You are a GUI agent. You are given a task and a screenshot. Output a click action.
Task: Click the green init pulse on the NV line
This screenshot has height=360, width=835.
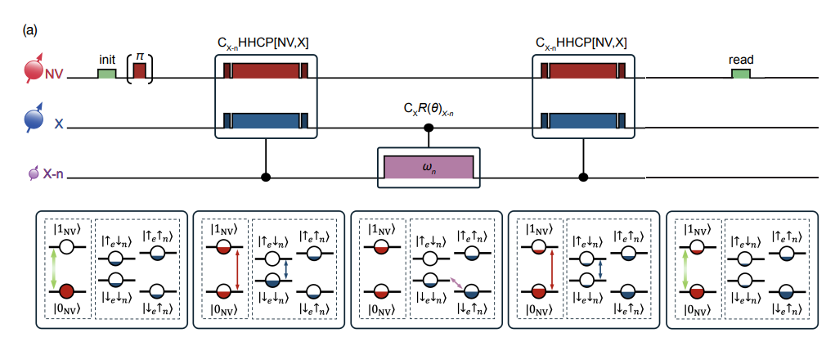(x=107, y=74)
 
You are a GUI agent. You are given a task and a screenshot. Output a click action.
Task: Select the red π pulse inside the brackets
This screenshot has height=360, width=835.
(x=140, y=71)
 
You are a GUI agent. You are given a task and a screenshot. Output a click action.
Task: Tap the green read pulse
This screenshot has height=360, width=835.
(x=740, y=74)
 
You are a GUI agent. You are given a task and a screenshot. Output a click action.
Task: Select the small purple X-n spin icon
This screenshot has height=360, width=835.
(x=34, y=173)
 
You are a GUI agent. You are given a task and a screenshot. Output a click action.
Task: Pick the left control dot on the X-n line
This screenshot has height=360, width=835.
(x=266, y=177)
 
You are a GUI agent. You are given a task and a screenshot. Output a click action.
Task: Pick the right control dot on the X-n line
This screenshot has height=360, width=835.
(x=582, y=177)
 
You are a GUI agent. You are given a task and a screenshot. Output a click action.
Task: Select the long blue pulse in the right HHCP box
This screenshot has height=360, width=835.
(x=582, y=121)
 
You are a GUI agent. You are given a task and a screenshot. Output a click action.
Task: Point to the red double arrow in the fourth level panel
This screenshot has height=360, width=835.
(x=554, y=267)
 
